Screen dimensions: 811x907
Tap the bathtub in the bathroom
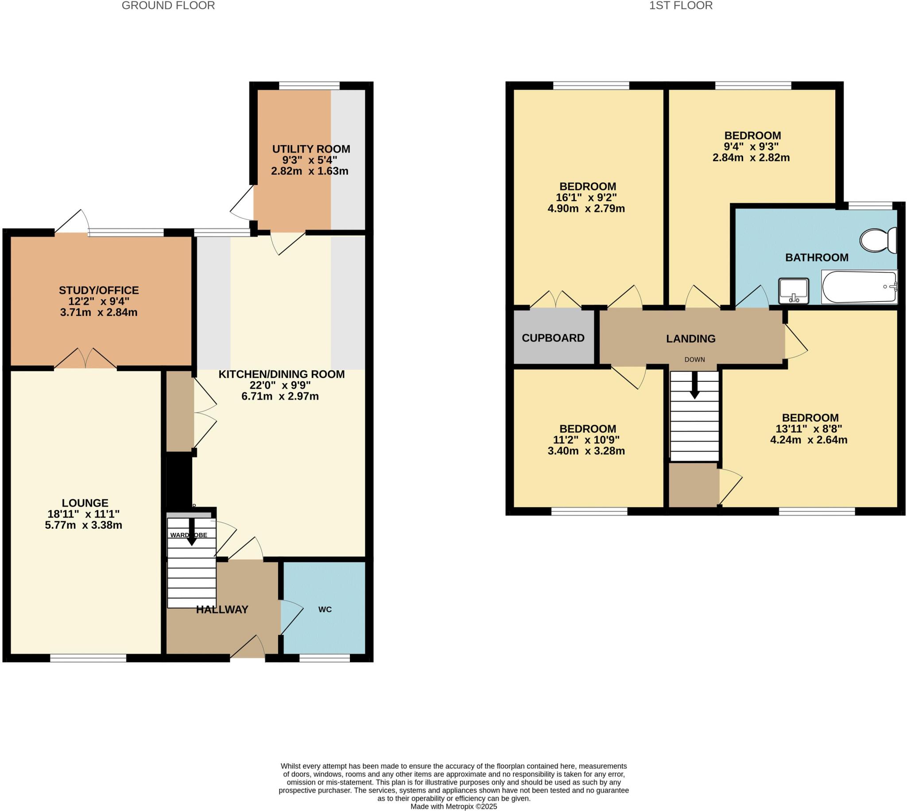pyautogui.click(x=859, y=287)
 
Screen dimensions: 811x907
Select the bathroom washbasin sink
pyautogui.click(x=793, y=290)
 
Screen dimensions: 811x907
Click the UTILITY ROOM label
pyautogui.click(x=311, y=149)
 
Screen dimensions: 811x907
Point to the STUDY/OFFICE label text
pyautogui.click(x=99, y=290)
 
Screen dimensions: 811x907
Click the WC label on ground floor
pyautogui.click(x=325, y=609)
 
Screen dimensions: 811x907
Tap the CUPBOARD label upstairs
pyautogui.click(x=553, y=338)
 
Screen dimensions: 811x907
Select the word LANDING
pyautogui.click(x=690, y=338)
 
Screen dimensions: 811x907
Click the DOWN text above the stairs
pyautogui.click(x=694, y=359)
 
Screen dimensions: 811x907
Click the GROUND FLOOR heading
pyautogui.click(x=168, y=5)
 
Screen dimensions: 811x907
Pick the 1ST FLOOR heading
pyautogui.click(x=681, y=5)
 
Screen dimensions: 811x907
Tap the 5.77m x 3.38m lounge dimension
pyautogui.click(x=83, y=525)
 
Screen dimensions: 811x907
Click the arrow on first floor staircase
pyautogui.click(x=694, y=386)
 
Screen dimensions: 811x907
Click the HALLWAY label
pyautogui.click(x=221, y=610)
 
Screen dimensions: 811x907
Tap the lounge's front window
pyautogui.click(x=88, y=658)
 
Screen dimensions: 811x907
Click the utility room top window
pyautogui.click(x=309, y=85)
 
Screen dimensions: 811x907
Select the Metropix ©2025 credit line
pyautogui.click(x=453, y=806)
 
